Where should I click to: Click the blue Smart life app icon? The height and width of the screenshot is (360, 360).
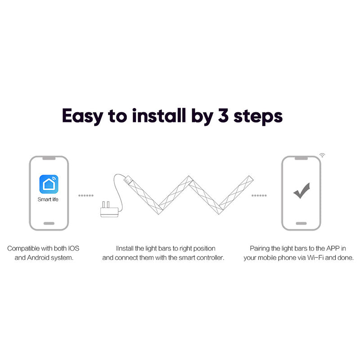click(x=49, y=184)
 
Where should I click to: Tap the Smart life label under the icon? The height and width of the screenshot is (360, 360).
click(x=48, y=199)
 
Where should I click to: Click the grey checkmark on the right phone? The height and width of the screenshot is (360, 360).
click(x=301, y=190)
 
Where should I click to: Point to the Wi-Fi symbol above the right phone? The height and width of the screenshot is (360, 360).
click(x=322, y=155)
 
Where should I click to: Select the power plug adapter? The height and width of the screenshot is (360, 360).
click(x=109, y=209)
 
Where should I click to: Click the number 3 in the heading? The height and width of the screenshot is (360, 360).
click(x=223, y=116)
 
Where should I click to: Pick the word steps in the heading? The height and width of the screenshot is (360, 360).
click(x=258, y=117)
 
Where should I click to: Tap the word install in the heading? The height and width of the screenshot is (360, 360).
click(x=159, y=116)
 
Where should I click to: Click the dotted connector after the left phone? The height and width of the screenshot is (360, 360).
click(x=86, y=196)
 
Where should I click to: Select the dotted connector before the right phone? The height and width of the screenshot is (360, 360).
click(x=259, y=196)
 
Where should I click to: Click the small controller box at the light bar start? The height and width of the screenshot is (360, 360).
click(x=128, y=180)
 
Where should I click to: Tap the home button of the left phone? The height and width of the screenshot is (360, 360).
click(x=49, y=223)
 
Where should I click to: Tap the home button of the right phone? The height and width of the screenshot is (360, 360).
click(x=301, y=223)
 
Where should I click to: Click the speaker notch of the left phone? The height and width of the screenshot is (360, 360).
click(x=49, y=158)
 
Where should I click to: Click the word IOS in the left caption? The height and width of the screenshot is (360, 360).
click(x=73, y=248)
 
